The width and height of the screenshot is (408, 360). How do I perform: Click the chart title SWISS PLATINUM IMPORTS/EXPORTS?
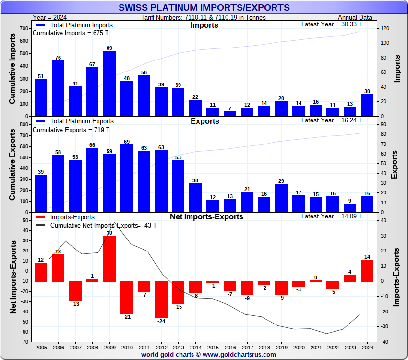[204, 7]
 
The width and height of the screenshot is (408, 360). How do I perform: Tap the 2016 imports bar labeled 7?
[230, 114]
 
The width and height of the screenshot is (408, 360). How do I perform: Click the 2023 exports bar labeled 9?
[350, 208]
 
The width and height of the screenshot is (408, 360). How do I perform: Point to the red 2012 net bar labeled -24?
[161, 300]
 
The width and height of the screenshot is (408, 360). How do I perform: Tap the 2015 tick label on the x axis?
[213, 347]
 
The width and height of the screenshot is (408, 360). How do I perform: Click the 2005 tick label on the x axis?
[41, 347]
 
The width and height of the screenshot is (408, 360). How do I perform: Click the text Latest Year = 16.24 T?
[331, 120]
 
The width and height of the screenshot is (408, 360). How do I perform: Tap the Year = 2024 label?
[51, 18]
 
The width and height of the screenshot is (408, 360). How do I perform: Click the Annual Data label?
[358, 18]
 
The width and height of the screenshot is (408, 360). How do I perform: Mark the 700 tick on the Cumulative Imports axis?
[24, 28]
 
